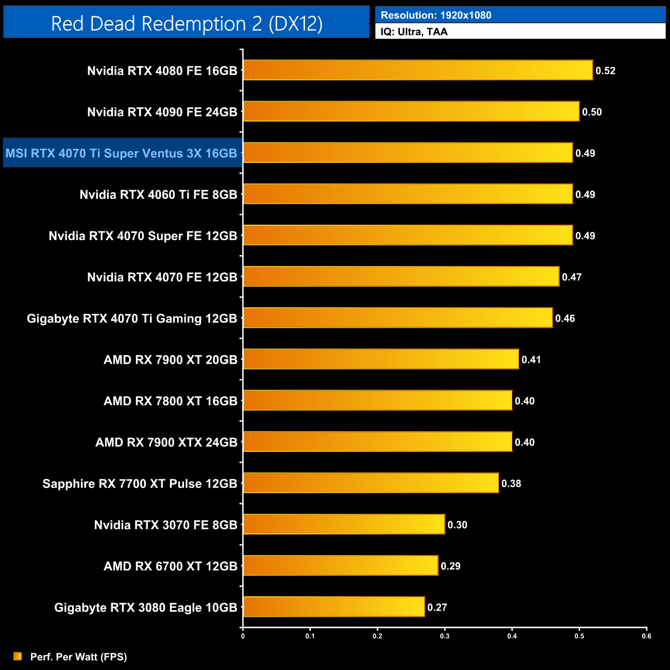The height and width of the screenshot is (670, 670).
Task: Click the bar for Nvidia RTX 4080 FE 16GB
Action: tap(418, 70)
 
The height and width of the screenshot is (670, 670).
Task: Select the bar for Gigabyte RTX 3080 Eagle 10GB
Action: tap(334, 607)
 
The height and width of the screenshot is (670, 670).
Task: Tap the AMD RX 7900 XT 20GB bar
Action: tap(381, 359)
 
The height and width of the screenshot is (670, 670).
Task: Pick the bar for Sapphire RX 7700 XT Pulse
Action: tap(371, 483)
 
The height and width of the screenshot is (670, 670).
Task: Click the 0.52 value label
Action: tap(605, 71)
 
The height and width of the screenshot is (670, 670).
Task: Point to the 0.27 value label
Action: tap(437, 607)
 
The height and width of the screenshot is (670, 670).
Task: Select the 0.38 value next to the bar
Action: tap(511, 483)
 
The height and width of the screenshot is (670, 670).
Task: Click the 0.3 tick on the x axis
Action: tap(445, 636)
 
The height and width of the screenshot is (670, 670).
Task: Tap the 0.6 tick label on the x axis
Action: tap(646, 636)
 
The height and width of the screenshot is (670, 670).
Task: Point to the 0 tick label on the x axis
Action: tap(243, 636)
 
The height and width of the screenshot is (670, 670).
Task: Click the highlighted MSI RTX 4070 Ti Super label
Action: tap(122, 153)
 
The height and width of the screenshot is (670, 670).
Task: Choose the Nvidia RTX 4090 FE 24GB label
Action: tap(162, 112)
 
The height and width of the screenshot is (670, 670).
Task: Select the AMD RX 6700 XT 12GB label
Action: tap(170, 566)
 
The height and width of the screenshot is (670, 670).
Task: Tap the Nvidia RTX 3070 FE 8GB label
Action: tap(165, 525)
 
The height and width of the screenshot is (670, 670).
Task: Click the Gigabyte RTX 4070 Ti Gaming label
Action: tap(132, 319)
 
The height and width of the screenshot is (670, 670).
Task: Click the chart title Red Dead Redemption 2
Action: tap(187, 23)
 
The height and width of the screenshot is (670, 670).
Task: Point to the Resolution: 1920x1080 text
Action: tap(436, 15)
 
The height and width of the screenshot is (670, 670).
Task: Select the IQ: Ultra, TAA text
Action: tap(414, 32)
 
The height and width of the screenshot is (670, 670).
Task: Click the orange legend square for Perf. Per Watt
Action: tap(18, 656)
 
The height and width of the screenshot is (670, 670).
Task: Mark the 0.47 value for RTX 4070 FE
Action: tap(572, 277)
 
